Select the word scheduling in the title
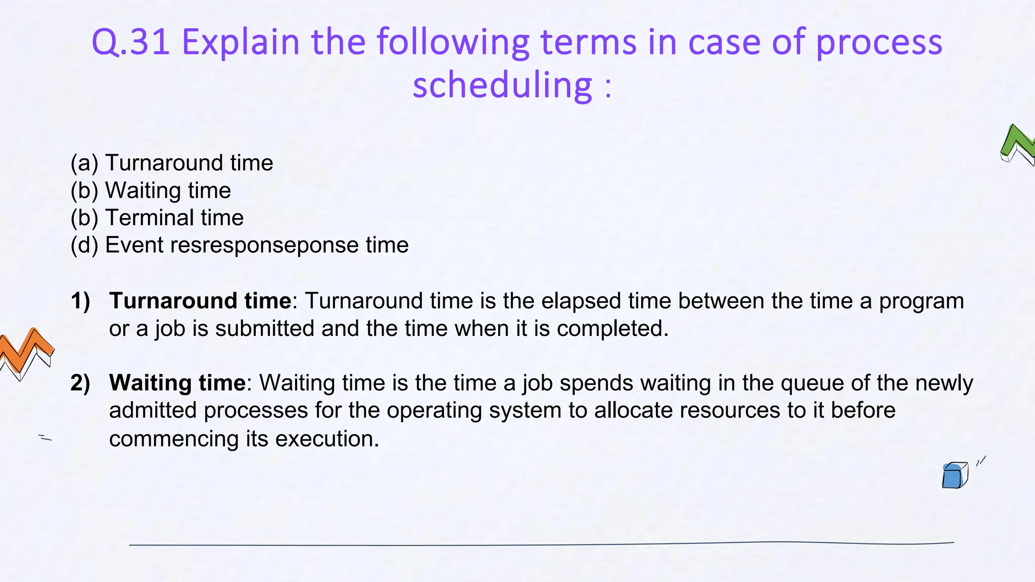[502, 85]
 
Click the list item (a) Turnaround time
[172, 163]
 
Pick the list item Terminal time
[174, 218]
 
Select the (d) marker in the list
[84, 246]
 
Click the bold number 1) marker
[80, 301]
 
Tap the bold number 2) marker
[80, 383]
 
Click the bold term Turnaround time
[200, 301]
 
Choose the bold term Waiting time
[177, 383]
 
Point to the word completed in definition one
[613, 329]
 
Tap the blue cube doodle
[954, 475]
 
